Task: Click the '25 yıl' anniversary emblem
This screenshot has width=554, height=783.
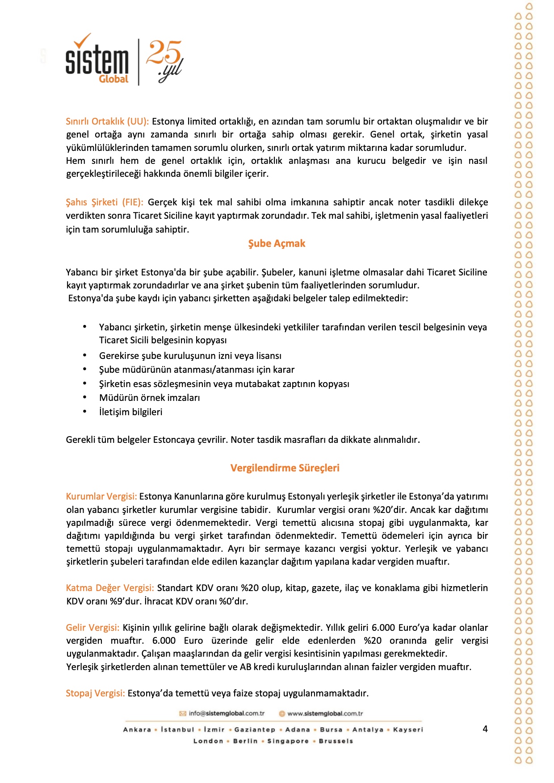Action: pyautogui.click(x=165, y=61)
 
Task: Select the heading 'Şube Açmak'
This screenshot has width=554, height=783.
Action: pyautogui.click(x=277, y=244)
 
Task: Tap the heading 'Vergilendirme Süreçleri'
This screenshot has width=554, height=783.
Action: pyautogui.click(x=285, y=468)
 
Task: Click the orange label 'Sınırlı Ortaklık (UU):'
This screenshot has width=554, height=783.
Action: pyautogui.click(x=107, y=121)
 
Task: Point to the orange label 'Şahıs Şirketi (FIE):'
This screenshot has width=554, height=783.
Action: pyautogui.click(x=105, y=202)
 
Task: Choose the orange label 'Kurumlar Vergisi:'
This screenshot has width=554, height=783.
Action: pyautogui.click(x=101, y=496)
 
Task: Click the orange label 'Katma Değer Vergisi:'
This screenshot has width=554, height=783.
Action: pyautogui.click(x=110, y=588)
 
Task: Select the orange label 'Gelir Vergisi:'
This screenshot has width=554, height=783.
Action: pyautogui.click(x=92, y=628)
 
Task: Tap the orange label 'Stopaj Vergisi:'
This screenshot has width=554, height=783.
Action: pyautogui.click(x=95, y=693)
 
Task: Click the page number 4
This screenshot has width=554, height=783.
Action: pyautogui.click(x=485, y=729)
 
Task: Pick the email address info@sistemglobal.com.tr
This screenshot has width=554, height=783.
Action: pyautogui.click(x=227, y=713)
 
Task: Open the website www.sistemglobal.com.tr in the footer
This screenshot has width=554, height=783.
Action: pyautogui.click(x=325, y=713)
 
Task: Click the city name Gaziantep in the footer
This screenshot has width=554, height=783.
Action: pyautogui.click(x=255, y=729)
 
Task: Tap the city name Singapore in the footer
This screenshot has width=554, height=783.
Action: pyautogui.click(x=288, y=741)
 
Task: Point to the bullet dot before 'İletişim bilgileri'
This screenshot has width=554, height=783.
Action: pyautogui.click(x=84, y=411)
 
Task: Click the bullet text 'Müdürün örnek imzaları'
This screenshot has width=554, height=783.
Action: pyautogui.click(x=149, y=398)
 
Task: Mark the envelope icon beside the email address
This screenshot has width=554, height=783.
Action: pyautogui.click(x=183, y=713)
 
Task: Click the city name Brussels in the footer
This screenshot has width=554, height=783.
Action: pyautogui.click(x=336, y=741)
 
